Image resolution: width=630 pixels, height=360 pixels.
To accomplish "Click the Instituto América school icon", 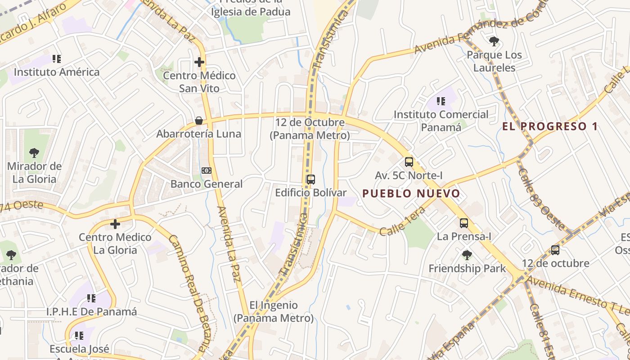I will (56, 58).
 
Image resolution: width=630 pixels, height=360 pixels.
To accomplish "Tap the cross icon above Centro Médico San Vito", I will (199, 62).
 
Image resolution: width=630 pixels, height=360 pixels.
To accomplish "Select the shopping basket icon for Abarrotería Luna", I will (198, 121).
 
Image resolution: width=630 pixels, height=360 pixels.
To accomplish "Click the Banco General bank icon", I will (207, 170).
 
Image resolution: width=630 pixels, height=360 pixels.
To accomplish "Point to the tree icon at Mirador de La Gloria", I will (34, 153).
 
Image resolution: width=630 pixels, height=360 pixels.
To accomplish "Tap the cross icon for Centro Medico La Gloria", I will (115, 224).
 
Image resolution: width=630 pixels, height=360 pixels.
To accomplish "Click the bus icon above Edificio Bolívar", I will (310, 179).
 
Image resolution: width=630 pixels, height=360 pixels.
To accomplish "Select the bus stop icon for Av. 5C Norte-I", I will (409, 162).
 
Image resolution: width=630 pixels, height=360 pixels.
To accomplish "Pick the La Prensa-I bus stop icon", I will (463, 223).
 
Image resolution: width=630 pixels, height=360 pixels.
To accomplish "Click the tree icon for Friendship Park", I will (467, 255).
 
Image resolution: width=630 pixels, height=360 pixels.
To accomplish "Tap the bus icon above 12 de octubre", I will (555, 250).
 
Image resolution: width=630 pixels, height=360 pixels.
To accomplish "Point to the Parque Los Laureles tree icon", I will (494, 42).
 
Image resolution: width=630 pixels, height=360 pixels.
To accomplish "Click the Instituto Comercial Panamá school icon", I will (441, 101).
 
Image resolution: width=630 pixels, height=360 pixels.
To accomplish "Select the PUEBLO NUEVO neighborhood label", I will (411, 193).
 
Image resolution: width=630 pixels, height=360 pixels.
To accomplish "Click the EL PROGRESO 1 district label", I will (550, 126).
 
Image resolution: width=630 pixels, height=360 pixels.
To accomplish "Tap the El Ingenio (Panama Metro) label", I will (273, 311).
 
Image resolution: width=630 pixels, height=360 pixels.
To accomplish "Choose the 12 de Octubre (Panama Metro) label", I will (310, 128).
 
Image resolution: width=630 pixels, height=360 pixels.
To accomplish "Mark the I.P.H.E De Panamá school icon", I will (91, 298).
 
